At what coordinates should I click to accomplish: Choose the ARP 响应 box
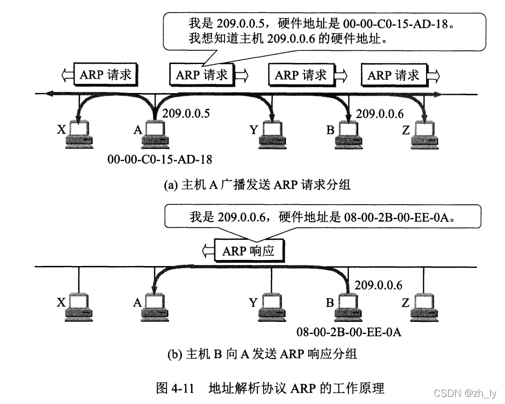click(x=251, y=251)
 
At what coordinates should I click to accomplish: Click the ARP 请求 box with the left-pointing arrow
click(x=105, y=74)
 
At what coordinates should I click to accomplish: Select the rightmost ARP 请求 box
click(x=393, y=74)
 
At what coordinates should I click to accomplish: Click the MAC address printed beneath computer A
click(x=160, y=159)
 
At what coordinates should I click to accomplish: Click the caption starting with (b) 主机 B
click(x=262, y=354)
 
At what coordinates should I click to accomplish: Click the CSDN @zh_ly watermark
click(x=464, y=393)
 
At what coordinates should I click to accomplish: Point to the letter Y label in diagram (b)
click(x=253, y=302)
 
